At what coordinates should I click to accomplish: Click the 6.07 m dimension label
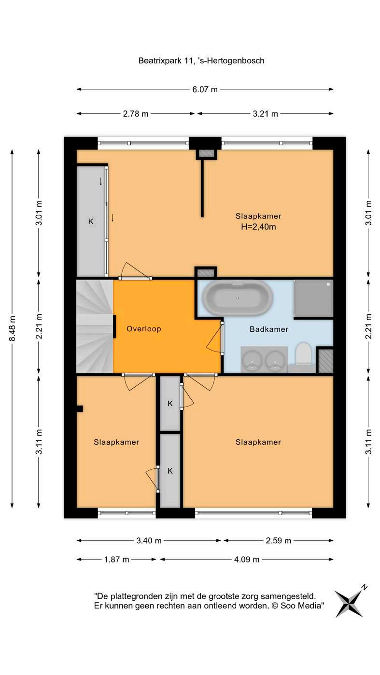coord(205,89)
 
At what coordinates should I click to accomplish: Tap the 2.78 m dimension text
coord(136,114)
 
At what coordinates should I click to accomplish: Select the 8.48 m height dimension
coord(13,328)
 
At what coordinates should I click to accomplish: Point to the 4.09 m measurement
coord(247,560)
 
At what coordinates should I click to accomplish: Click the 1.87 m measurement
coord(117,560)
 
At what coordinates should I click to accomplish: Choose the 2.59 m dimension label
coord(279,541)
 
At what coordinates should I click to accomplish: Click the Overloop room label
coord(144,329)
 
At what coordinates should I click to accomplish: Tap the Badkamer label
coord(269,329)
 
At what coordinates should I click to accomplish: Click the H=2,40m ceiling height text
coord(258,226)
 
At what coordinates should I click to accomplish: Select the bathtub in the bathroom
coord(238,298)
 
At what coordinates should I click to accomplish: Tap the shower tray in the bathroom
coord(313,298)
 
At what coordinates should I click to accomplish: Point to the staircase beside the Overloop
coord(95,326)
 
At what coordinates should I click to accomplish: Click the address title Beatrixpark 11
coord(201,60)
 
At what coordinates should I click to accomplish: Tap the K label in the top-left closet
coord(91,222)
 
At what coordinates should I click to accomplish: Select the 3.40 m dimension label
coord(149,541)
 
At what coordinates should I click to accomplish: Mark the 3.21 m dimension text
coord(265,114)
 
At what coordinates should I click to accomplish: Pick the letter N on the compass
coord(365,587)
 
